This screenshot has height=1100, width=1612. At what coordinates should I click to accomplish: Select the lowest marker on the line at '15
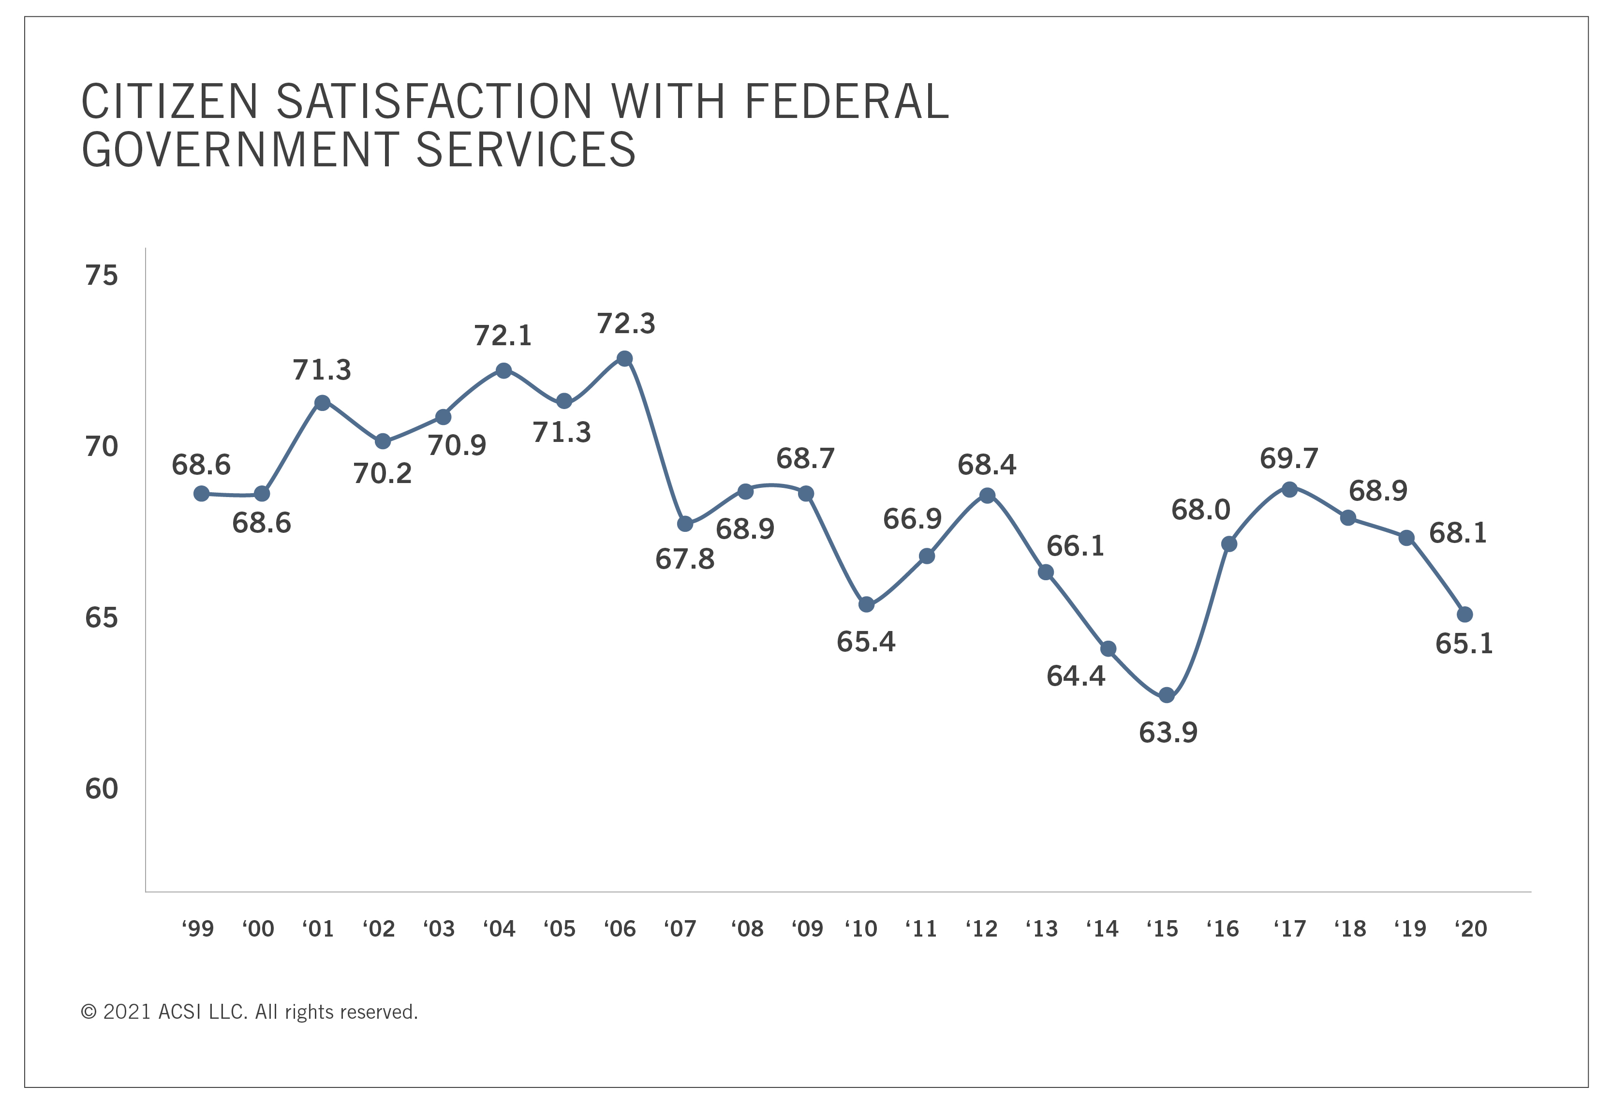1167,695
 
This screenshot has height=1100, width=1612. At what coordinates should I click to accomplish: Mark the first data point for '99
202,494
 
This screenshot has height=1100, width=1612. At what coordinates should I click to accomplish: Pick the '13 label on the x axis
1042,929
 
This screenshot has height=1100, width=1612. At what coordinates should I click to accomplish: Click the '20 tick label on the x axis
1470,929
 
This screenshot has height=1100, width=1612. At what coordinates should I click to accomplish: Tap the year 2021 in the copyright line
127,1012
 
